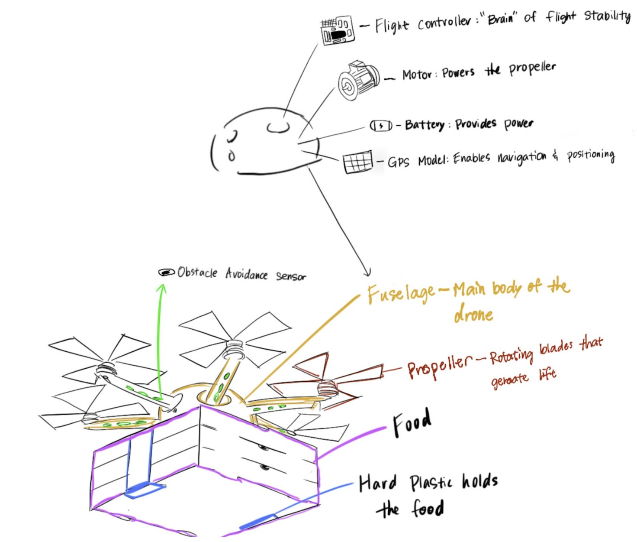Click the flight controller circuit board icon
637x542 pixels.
(338, 30)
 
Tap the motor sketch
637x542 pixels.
(358, 80)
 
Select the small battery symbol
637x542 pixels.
(381, 126)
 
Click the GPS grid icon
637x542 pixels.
(357, 162)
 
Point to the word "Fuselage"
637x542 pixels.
(401, 293)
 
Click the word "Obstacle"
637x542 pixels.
(197, 273)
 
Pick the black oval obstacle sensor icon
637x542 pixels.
(166, 272)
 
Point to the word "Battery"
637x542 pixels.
(425, 125)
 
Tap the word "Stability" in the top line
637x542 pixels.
(607, 16)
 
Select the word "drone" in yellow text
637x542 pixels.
(473, 314)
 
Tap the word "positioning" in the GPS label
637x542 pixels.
(591, 156)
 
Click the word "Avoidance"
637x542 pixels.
(246, 274)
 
